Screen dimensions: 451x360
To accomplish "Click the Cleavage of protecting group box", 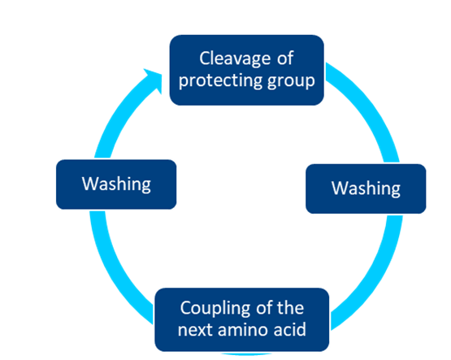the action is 247,70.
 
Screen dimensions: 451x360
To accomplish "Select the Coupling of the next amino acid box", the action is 242,319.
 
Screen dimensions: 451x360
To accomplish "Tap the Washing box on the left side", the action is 116,184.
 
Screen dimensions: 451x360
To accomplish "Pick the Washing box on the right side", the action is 366,189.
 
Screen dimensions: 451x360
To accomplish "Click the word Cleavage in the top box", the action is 235,59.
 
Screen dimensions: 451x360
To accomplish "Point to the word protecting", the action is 221,80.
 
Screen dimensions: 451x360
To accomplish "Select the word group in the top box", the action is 291,81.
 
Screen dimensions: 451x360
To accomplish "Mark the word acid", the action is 290,329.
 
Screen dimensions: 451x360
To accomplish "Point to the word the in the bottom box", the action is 290,308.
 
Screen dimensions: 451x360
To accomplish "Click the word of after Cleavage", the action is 285,58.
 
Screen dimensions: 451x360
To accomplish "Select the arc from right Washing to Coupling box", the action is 374,276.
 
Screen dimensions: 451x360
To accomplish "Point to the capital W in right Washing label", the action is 340,188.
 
